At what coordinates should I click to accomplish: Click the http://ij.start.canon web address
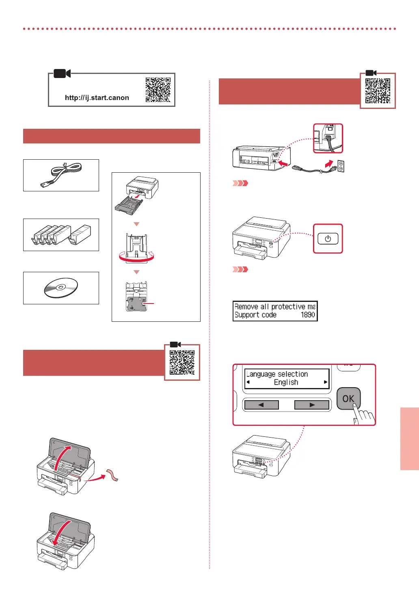coord(97,98)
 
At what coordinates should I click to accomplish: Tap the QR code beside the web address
coord(158,90)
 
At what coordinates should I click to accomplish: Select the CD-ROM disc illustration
coord(60,288)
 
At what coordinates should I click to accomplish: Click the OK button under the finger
coord(348,399)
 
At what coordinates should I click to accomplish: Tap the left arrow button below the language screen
coord(261,405)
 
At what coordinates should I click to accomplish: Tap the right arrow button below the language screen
coord(312,405)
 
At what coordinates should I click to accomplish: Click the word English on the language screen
coord(286,382)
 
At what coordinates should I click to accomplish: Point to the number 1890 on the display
coord(308,315)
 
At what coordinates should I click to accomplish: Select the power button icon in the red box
coord(328,239)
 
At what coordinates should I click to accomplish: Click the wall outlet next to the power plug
coord(341,166)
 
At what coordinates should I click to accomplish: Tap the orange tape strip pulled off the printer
coord(112,475)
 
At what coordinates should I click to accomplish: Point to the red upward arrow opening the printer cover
coord(61,459)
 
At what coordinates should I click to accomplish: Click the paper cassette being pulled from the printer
coord(129,205)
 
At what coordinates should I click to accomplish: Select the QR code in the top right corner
coord(378,91)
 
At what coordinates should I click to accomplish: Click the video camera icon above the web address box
coord(62,74)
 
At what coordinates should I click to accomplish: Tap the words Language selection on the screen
coord(277,374)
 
